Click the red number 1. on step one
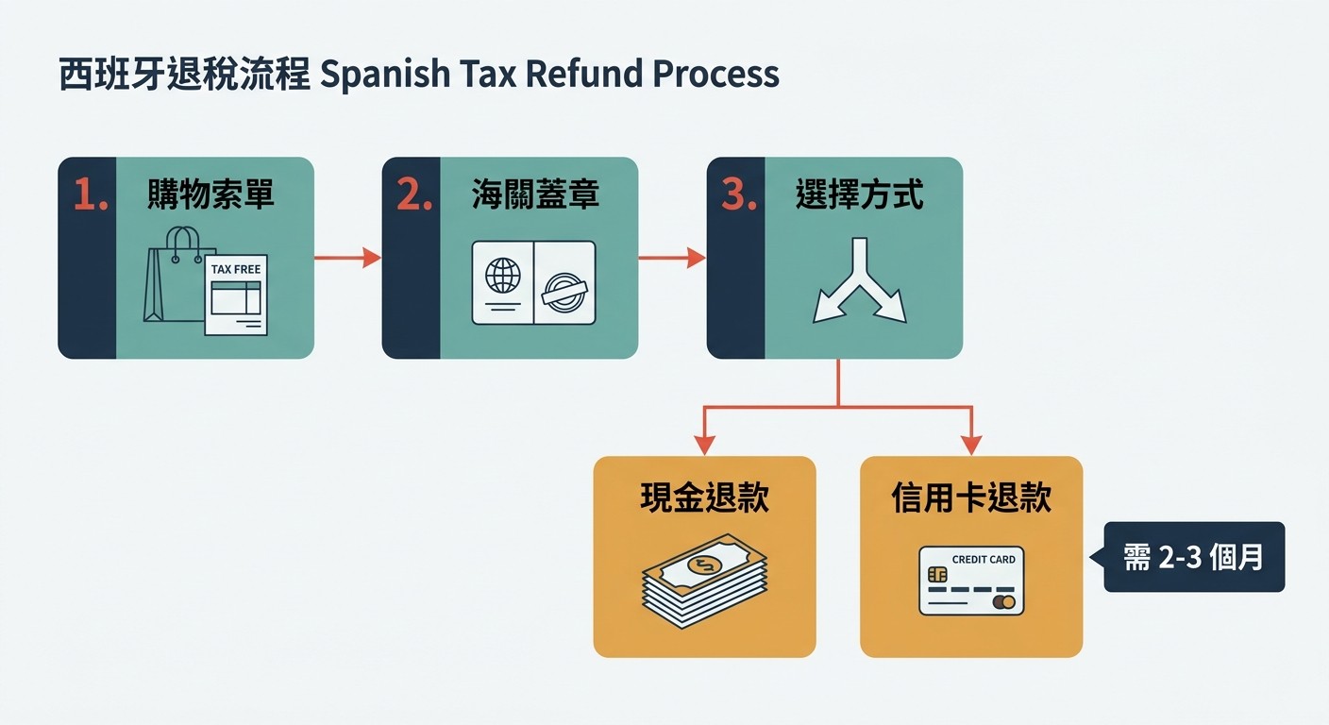tap(91, 194)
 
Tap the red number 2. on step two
tap(414, 194)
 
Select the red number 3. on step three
tap(739, 194)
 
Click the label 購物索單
tap(210, 194)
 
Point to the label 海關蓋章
tap(535, 194)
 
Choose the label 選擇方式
tap(860, 194)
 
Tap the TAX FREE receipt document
tap(236, 295)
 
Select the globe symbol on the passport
tap(502, 276)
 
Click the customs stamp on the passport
tap(564, 292)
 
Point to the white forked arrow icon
tap(860, 281)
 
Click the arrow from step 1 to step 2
tap(347, 258)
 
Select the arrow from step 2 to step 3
tap(672, 258)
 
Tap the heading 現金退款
tap(705, 497)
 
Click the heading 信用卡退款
tap(971, 497)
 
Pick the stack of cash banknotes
tap(705, 581)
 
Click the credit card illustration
tap(971, 581)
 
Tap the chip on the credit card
tap(937, 574)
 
